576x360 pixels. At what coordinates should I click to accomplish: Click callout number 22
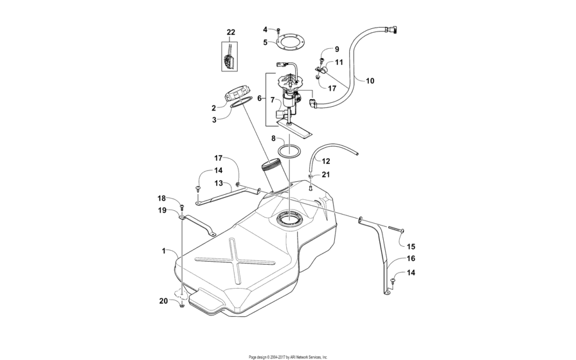click(x=231, y=32)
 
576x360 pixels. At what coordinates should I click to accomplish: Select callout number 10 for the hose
click(x=370, y=81)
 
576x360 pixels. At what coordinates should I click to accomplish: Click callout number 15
click(x=411, y=246)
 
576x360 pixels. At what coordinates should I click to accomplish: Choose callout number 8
click(x=273, y=138)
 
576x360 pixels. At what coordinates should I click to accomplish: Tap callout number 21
click(x=326, y=175)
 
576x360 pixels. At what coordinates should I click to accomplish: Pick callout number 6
click(x=260, y=98)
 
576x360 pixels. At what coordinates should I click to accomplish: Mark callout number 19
click(x=163, y=210)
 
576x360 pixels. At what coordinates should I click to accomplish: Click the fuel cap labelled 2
click(x=237, y=97)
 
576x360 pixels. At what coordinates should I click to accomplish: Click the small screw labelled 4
click(x=278, y=30)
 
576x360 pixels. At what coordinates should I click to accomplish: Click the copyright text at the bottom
click(x=288, y=356)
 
